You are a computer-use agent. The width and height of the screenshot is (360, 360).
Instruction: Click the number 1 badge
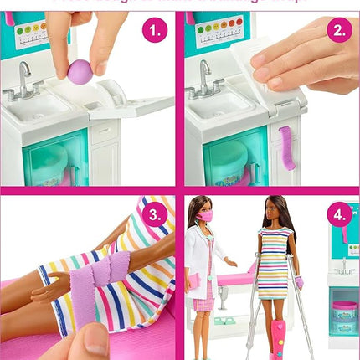tap(153, 32)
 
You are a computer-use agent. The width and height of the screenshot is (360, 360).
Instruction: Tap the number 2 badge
tap(338, 32)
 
